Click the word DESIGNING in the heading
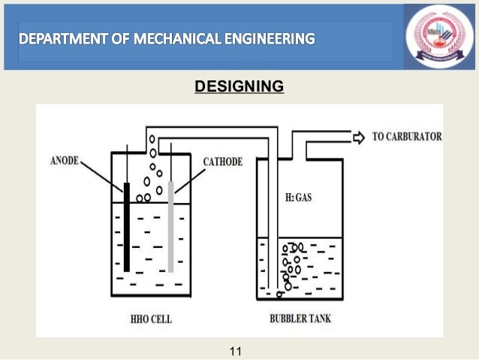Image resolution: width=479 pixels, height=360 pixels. (x=239, y=88)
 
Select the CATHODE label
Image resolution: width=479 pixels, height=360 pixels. (x=224, y=162)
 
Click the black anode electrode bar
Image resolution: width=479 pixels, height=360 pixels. (x=127, y=225)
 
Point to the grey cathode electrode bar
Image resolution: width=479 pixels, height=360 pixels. (x=171, y=225)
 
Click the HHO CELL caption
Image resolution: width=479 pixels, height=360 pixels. (x=149, y=319)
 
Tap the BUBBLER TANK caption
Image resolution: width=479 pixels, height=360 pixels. (x=300, y=319)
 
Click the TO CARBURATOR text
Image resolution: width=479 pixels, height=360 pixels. (x=405, y=137)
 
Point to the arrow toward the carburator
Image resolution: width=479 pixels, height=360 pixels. (x=358, y=137)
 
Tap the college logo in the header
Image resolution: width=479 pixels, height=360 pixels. (x=439, y=37)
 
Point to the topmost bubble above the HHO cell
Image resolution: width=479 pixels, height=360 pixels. (x=152, y=140)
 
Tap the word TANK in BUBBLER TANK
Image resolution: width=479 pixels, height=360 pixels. (x=318, y=319)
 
